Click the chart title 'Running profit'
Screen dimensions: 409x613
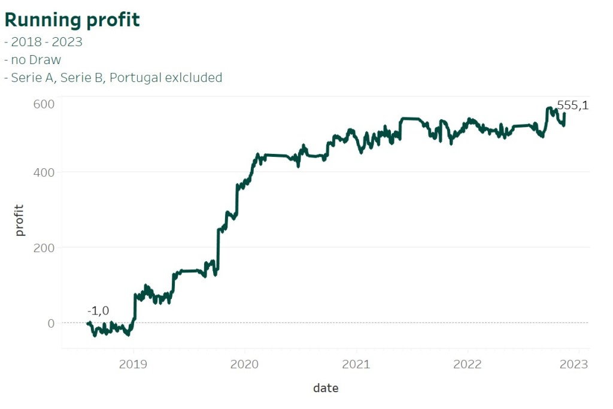tap(72, 20)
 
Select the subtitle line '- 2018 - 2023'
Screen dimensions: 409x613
tap(43, 43)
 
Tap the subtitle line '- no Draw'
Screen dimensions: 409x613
tap(32, 60)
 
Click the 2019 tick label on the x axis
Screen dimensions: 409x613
tap(133, 363)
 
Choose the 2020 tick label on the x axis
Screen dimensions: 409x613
tap(245, 363)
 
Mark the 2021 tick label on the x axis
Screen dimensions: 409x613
tap(356, 363)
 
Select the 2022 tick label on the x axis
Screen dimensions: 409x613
tap(467, 363)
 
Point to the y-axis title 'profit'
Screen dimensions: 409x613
tap(20, 220)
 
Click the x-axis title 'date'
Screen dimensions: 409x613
tap(326, 388)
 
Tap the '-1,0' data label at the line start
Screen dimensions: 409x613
tap(98, 311)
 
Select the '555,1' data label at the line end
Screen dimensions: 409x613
tap(573, 105)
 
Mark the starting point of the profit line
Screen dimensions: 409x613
tap(88, 323)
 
